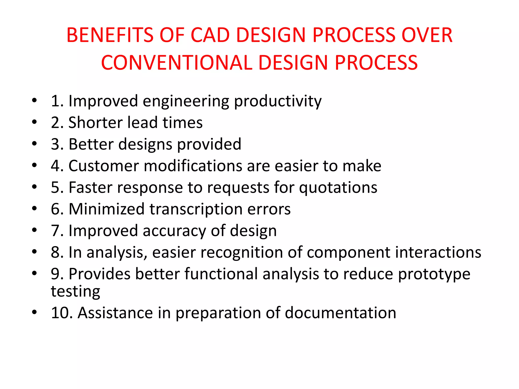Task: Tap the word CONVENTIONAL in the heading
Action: coord(176,63)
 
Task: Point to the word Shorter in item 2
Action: coord(96,123)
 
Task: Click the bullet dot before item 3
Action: coord(34,144)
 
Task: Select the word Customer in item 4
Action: coord(104,166)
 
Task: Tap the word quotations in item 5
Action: coord(338,188)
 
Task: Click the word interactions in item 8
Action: coord(438,252)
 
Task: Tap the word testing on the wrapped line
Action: coord(76,291)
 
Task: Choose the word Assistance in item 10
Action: coord(115,313)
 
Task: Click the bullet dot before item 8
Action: coord(34,252)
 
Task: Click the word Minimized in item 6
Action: coord(106,209)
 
